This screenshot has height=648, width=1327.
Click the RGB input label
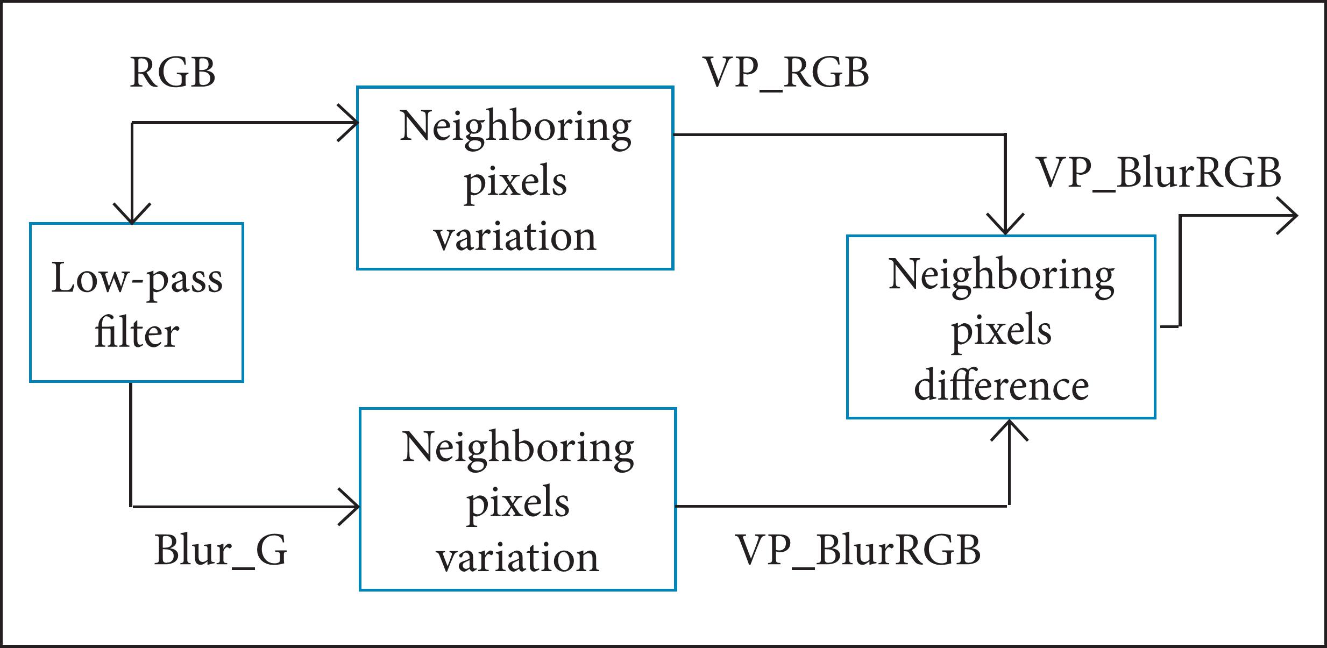click(173, 73)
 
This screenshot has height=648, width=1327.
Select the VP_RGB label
click(786, 73)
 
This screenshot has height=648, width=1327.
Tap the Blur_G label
click(221, 551)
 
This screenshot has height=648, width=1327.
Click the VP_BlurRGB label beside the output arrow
click(1159, 174)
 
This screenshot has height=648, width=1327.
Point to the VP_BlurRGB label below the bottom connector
click(858, 551)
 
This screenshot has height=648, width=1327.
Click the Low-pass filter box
click(137, 302)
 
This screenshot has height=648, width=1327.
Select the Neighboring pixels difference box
click(1000, 327)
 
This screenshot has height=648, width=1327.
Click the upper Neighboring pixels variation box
click(515, 178)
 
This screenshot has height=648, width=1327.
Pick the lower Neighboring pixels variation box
click(517, 500)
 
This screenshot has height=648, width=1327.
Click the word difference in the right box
click(1001, 386)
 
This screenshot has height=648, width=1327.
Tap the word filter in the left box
click(137, 333)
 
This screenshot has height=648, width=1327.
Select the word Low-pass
click(137, 279)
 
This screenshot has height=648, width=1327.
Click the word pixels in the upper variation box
click(515, 182)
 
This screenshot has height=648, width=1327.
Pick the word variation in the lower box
click(517, 558)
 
